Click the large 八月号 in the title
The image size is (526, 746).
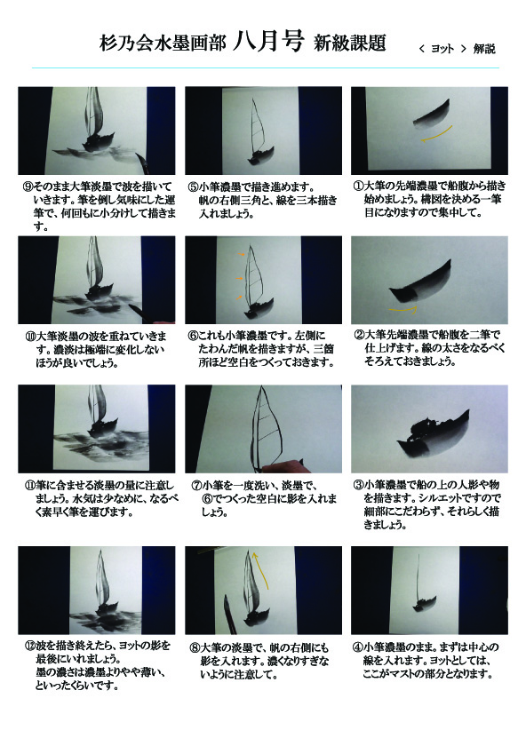point(268,41)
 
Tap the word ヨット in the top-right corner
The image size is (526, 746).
point(442,49)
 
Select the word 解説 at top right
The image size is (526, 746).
point(484,49)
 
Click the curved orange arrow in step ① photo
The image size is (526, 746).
point(436,134)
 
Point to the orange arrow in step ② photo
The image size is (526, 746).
point(403,310)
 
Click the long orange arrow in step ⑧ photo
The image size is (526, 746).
point(262,570)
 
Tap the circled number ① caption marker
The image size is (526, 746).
point(358,186)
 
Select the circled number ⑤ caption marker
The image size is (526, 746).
point(193,187)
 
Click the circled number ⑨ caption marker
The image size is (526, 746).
point(28,186)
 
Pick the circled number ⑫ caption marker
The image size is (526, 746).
point(30,646)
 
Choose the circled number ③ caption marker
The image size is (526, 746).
point(358,485)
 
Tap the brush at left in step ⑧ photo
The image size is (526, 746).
point(229,614)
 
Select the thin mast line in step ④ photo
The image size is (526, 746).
point(418,577)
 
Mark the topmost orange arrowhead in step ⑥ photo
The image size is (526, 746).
point(242,255)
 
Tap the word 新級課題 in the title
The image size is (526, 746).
point(350,43)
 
